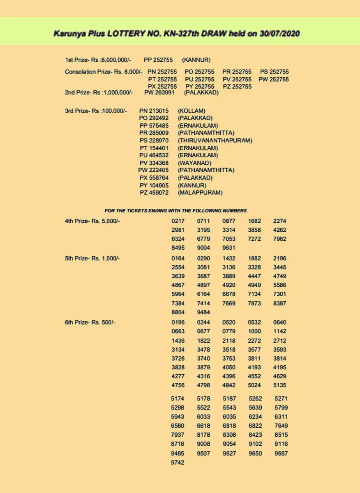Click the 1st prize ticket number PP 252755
[x=158, y=60]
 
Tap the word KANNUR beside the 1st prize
[x=196, y=60]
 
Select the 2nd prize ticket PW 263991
[x=159, y=92]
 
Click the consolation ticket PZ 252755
[x=237, y=86]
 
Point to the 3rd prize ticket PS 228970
[x=154, y=141]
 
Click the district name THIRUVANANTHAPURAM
[x=215, y=141]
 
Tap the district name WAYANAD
[x=195, y=163]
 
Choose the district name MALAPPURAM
[x=200, y=192]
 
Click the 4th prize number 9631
[x=229, y=248]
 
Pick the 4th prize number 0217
[x=178, y=221]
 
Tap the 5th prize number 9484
[x=203, y=312]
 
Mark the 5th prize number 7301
[x=280, y=294]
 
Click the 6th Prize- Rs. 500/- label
[x=90, y=323]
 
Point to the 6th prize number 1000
[x=254, y=331]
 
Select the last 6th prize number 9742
[x=178, y=463]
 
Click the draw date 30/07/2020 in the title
[x=280, y=33]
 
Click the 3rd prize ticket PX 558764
[x=154, y=177]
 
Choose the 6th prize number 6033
[x=203, y=417]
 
